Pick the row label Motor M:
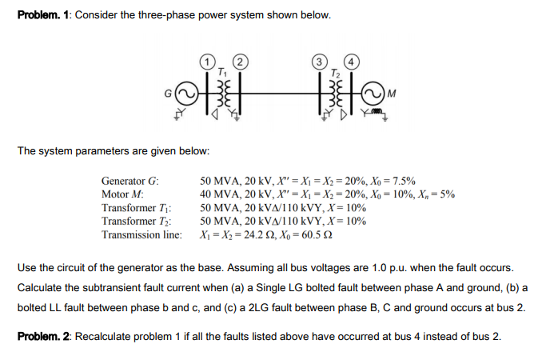(122, 194)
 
